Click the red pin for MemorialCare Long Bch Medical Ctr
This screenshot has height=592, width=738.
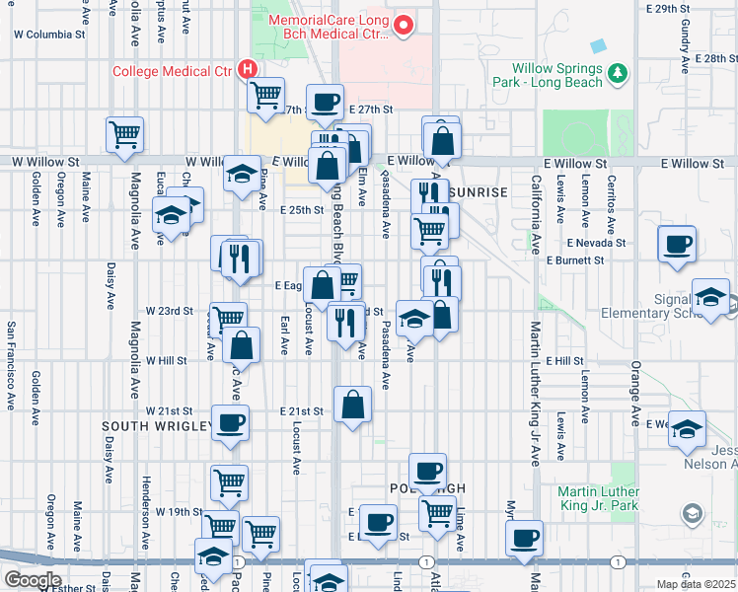(x=403, y=27)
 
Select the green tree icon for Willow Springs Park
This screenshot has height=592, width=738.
(x=618, y=73)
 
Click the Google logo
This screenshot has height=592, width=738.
(x=32, y=580)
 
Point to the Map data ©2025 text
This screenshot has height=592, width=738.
(x=696, y=584)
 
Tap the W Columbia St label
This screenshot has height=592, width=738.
(x=49, y=34)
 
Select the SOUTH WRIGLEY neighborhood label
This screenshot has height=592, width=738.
(x=158, y=426)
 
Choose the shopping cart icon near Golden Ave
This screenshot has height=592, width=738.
(x=124, y=133)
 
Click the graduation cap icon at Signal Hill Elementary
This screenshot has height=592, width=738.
(x=710, y=296)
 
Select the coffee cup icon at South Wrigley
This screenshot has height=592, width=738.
(x=230, y=422)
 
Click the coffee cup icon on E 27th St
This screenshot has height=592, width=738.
(x=325, y=102)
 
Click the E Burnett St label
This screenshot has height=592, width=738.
(x=575, y=260)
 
